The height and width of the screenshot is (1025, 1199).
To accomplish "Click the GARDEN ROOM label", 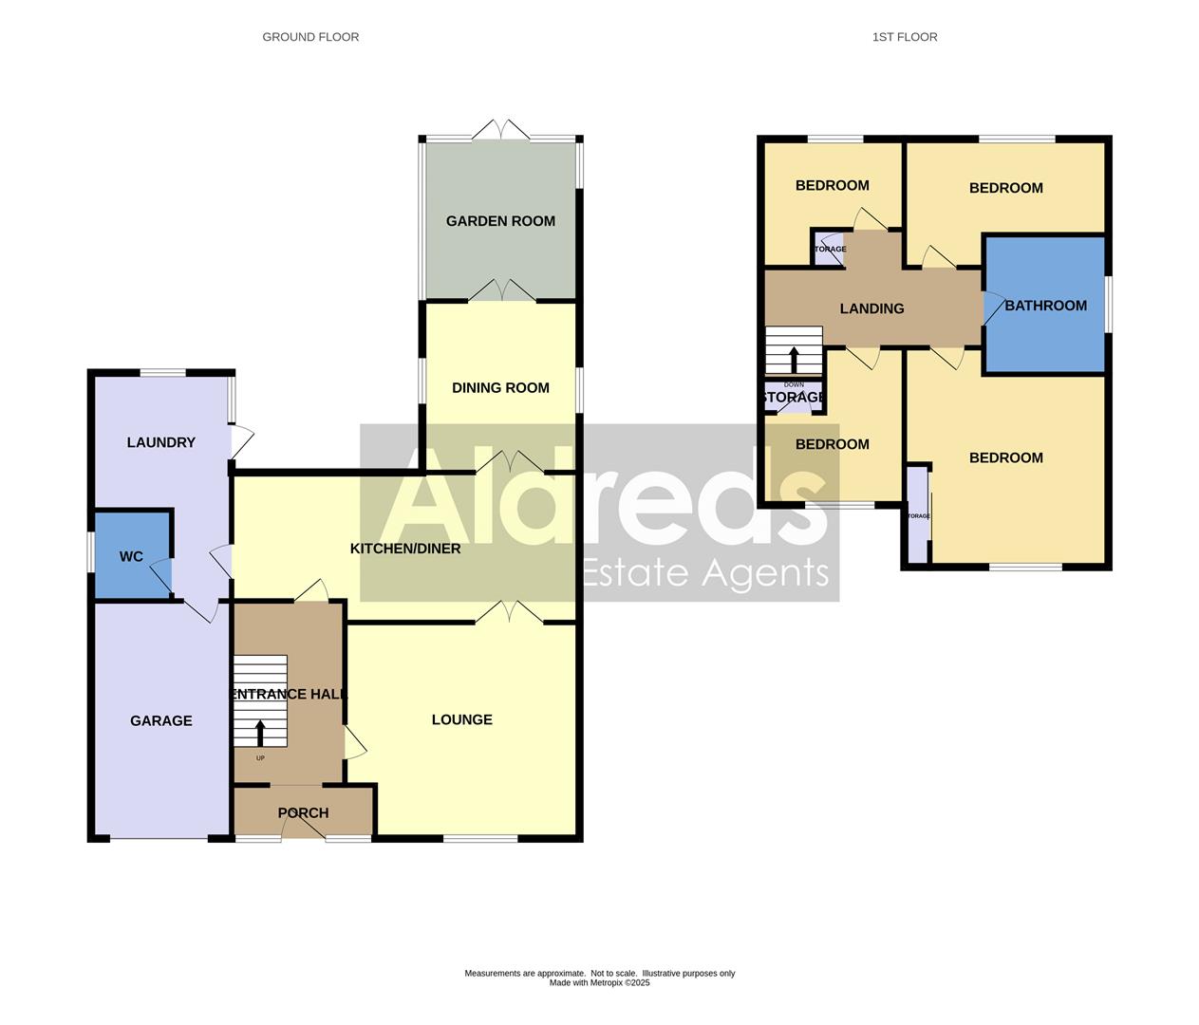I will pos(500,221).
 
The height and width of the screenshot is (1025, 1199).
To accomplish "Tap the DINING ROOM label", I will pos(500,387).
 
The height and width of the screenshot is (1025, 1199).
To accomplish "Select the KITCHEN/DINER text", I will pos(405,549).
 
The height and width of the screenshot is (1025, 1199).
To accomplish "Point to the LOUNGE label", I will pos(461,719).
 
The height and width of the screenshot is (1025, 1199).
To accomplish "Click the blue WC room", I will pos(132,556).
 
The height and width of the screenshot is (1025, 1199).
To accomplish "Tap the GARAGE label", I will pos(160,721).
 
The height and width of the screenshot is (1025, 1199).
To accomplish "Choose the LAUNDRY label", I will pos(160,442).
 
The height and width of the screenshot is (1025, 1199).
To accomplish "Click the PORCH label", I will pos(303,813).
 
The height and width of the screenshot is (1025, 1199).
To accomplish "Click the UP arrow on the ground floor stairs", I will pos(260,732).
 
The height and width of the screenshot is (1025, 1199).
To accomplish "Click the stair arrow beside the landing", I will pos(794,359).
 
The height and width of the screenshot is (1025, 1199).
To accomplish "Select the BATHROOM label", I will pos(1045,306).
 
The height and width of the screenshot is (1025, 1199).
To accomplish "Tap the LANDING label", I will pos(871,308).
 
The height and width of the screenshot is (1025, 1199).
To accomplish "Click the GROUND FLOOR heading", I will pos(310,37).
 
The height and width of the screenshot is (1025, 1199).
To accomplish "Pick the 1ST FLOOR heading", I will pos(905,37).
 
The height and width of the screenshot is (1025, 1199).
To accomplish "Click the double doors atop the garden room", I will pos(500,131).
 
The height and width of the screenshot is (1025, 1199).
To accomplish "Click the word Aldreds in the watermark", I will pos(600,501).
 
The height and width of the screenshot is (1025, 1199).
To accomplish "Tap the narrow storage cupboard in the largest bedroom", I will pos(916,515).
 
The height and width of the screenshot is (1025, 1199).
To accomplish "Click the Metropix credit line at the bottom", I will pos(599,983).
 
